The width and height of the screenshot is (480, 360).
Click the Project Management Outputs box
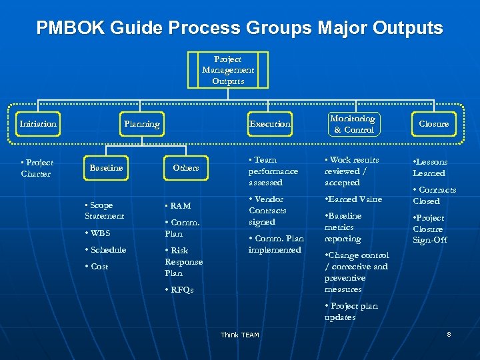pos(228,70)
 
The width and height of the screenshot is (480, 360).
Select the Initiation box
pos(38,124)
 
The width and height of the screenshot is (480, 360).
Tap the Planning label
pos(141,124)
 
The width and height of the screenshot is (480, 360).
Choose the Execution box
pos(269,124)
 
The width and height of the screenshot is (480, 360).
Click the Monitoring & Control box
pos(353,124)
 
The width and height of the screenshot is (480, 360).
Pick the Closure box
pos(433,124)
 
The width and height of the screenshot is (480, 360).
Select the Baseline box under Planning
pos(106,168)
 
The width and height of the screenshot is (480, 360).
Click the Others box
pos(185,168)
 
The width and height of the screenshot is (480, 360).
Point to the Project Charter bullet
pos(37,169)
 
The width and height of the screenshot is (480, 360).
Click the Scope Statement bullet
pos(105,211)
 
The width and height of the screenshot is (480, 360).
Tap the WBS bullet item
pos(98,233)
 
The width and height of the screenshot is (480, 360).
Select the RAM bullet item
pos(179,206)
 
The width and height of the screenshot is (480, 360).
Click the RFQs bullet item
pos(180,290)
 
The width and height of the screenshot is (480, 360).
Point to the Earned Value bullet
pos(354,199)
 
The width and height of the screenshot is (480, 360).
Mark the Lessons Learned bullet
pos(429,167)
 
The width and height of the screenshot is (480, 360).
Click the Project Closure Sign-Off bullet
pos(430,229)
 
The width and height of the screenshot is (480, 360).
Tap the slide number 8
pos(449,333)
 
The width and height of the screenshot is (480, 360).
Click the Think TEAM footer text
pos(239,335)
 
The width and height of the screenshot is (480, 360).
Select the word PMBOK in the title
pos(69,28)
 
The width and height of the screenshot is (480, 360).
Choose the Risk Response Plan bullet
pos(183,261)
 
